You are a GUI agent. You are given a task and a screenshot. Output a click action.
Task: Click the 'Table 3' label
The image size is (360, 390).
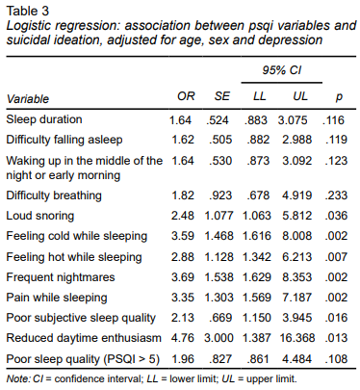(28, 12)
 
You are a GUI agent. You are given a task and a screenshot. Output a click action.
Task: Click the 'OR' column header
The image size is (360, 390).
(186, 96)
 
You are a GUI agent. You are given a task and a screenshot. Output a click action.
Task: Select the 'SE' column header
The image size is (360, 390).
(222, 96)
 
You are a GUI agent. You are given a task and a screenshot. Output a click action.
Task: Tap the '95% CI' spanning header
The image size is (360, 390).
(282, 70)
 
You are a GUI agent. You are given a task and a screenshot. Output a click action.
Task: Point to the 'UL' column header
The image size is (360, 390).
(300, 96)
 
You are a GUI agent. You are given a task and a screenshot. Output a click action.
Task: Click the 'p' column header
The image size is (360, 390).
(339, 97)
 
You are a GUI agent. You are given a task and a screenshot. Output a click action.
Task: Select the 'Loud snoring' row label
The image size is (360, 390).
(40, 216)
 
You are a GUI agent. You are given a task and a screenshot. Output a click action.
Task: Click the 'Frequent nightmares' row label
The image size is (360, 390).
(61, 277)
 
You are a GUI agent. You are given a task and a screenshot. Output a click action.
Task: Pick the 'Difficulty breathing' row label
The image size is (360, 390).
(54, 195)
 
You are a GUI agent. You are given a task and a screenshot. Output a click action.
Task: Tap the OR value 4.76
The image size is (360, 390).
(183, 338)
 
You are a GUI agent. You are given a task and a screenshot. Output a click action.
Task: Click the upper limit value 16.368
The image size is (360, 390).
(297, 338)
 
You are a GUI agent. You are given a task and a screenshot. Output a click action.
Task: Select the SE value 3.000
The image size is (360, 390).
(219, 338)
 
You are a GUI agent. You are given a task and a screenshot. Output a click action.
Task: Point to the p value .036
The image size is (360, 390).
(336, 216)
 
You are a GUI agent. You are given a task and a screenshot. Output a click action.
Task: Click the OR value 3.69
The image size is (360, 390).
(183, 277)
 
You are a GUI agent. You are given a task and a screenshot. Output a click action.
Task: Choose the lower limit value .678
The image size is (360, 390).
(258, 195)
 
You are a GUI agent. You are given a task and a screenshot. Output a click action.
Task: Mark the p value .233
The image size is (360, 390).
(336, 195)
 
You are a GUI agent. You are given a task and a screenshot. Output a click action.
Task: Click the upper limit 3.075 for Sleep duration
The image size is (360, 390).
(293, 120)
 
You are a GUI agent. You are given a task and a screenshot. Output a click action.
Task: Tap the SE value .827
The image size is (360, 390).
(220, 359)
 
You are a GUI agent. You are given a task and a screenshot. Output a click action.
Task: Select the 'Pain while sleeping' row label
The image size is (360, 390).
(57, 298)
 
